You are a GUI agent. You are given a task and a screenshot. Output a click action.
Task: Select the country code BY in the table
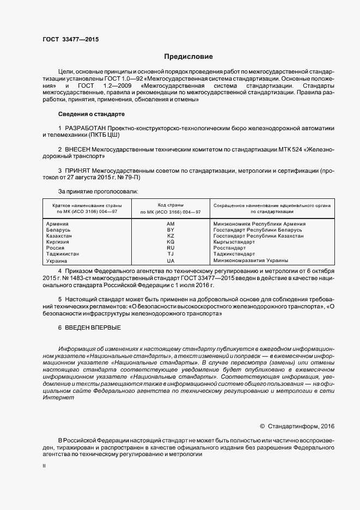170,230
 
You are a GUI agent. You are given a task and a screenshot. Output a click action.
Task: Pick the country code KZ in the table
170,236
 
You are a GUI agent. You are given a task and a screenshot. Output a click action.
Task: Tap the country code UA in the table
170,260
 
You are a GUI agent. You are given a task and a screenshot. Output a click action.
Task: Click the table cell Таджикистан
62,254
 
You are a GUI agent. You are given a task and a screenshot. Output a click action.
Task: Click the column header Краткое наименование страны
87,205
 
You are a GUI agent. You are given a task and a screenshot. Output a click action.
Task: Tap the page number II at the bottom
44,466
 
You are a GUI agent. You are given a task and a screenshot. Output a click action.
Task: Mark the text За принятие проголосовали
97,191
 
